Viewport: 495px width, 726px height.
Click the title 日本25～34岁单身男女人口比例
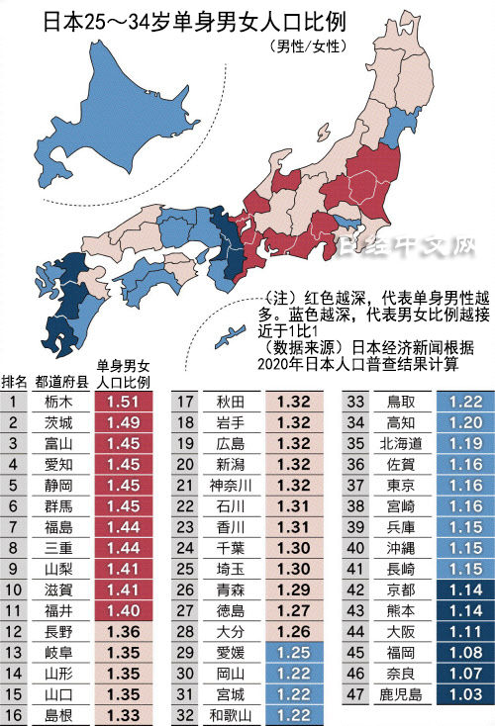(x=186, y=21)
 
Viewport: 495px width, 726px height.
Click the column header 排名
(x=14, y=382)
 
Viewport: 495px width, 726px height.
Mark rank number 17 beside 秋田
(x=185, y=402)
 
